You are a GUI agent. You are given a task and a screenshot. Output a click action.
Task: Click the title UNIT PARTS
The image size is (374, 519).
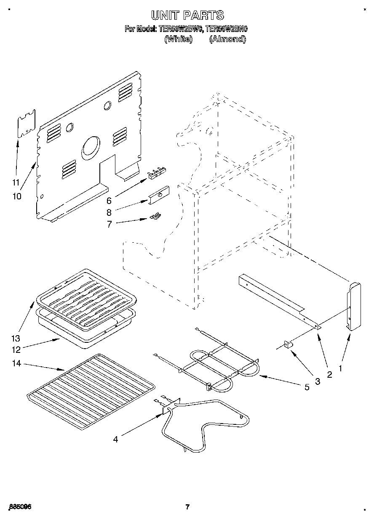pyautogui.click(x=187, y=16)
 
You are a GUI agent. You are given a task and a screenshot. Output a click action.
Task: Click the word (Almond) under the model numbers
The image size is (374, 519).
pyautogui.click(x=227, y=39)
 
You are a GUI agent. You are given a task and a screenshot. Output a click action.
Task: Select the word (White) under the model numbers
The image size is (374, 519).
pyautogui.click(x=178, y=39)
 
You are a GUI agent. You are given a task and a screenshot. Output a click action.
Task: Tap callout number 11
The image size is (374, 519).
pyautogui.click(x=16, y=182)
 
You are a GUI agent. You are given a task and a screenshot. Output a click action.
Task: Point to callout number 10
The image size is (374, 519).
pyautogui.click(x=17, y=196)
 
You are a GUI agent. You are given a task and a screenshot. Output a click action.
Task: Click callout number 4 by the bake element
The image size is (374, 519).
pyautogui.click(x=115, y=440)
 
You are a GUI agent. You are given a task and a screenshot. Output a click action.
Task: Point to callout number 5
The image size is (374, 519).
pyautogui.click(x=307, y=387)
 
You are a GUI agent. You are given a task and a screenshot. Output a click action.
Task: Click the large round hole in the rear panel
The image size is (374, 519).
pyautogui.click(x=90, y=148)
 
